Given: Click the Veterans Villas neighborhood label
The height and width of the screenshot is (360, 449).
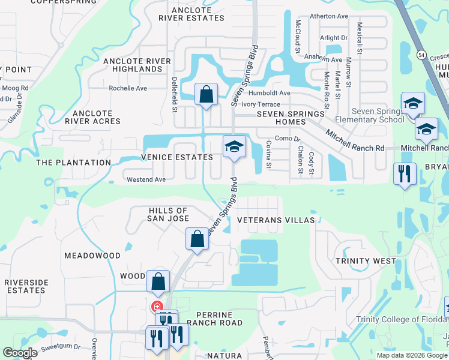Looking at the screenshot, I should (276, 220).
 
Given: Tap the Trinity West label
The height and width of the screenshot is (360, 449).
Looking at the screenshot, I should (366, 261).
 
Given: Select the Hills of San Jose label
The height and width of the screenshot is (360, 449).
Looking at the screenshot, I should (168, 214).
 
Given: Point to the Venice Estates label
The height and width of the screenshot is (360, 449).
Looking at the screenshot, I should (177, 157).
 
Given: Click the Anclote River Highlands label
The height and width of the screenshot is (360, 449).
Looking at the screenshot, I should (141, 65).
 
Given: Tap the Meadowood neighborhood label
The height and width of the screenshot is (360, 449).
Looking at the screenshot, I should (92, 255).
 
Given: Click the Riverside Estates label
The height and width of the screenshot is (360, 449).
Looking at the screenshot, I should (25, 286).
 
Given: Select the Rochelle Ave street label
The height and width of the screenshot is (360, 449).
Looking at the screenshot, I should (128, 88).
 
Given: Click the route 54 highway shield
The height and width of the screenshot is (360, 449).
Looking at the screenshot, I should (423, 55).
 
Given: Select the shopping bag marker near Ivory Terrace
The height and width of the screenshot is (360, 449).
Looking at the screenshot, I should (206, 95).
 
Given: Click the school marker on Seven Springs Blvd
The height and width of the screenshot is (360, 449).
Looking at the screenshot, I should (234, 146).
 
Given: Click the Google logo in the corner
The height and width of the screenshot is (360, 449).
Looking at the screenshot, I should (20, 353).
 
